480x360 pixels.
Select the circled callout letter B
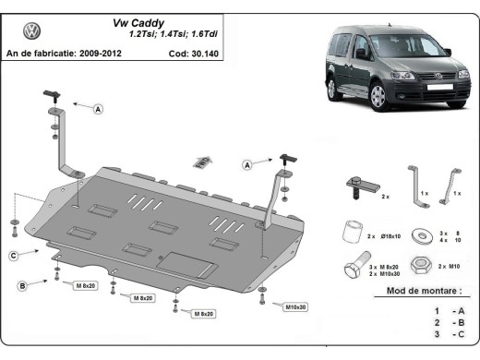tap(20, 287)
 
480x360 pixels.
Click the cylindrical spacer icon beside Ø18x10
tap(350, 230)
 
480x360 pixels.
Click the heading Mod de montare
tap(416, 291)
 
